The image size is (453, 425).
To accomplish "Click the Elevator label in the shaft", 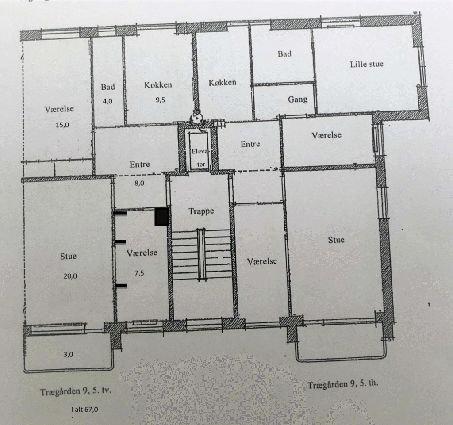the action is [x=200, y=158].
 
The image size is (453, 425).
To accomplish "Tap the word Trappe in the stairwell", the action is [x=201, y=211].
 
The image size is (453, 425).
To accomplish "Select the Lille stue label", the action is [x=367, y=64].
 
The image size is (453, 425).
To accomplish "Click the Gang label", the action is [x=298, y=100].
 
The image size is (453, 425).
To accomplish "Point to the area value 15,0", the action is [x=62, y=125].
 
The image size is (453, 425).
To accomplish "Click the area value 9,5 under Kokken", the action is [x=160, y=100].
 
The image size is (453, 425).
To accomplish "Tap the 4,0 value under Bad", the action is [x=107, y=101].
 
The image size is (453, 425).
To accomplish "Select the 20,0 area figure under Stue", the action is [x=70, y=276].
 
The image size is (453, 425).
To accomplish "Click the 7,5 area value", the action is [x=139, y=273].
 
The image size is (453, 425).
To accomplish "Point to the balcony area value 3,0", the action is [x=68, y=354].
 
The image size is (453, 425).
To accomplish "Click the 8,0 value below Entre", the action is [x=139, y=183].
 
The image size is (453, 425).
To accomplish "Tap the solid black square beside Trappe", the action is [x=161, y=217].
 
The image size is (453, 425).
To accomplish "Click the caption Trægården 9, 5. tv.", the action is [x=76, y=391].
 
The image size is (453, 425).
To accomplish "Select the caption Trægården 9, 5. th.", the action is [x=343, y=385].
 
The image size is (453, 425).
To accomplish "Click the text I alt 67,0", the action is [x=84, y=409].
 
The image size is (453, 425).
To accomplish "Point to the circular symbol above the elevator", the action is [x=197, y=117].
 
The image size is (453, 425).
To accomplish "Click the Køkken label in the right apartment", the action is [x=223, y=83].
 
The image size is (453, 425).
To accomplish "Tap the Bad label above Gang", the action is [x=284, y=54].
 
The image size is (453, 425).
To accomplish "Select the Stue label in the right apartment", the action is [x=336, y=240].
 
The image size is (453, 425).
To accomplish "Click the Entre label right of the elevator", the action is [x=250, y=144].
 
